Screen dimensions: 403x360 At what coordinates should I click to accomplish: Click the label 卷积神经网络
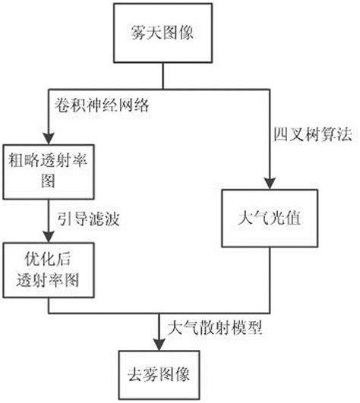click(98, 105)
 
